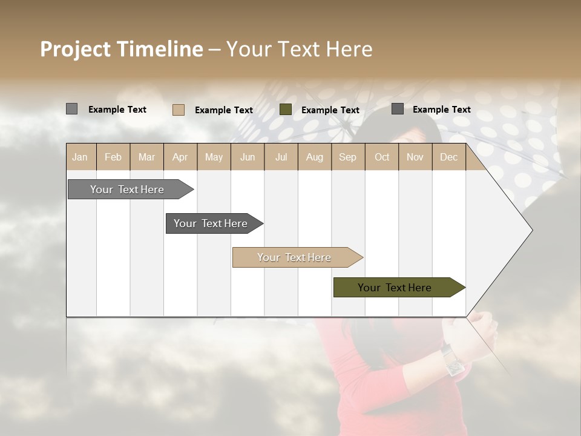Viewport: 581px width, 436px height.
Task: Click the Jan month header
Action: pos(80,157)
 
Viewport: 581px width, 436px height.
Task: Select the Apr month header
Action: pos(180,157)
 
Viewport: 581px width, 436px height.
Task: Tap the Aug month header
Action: pos(315,157)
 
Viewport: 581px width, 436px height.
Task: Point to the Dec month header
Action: pos(448,157)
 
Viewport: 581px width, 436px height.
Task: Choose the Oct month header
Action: pos(382,157)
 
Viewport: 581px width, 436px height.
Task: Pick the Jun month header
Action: pos(248,157)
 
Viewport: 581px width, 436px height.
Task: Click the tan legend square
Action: pos(179,110)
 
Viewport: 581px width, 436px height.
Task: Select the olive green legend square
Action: pos(286,110)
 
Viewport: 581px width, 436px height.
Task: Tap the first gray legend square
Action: pos(72,109)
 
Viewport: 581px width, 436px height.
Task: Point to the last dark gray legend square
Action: pos(398,109)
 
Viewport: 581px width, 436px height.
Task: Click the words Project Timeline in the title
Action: pos(121,49)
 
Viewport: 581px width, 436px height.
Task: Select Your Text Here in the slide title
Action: pos(300,49)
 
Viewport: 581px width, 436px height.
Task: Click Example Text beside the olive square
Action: pos(330,110)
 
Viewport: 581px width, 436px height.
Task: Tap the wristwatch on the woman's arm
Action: pos(452,359)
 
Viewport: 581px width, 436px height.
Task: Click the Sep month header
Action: pos(348,157)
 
